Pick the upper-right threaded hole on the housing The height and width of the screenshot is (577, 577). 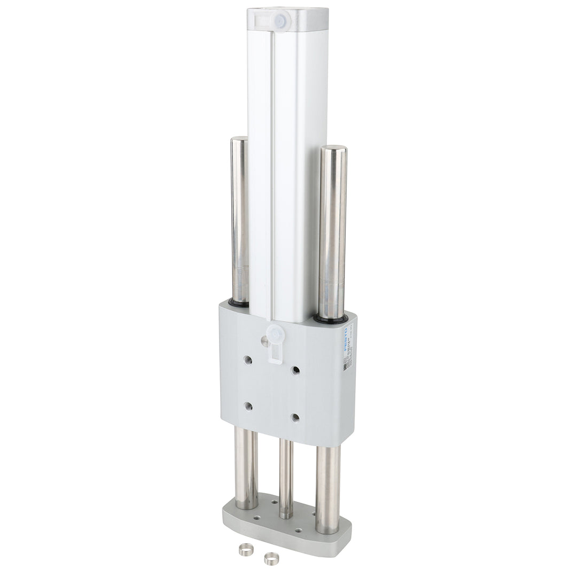point(295,370)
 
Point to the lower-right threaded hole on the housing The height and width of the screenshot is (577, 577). point(295,417)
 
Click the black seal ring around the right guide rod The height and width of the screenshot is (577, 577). point(330,319)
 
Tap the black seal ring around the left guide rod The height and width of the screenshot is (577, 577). point(239,303)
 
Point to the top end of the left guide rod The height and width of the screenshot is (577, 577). point(239,140)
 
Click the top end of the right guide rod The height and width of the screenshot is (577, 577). point(333,149)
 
